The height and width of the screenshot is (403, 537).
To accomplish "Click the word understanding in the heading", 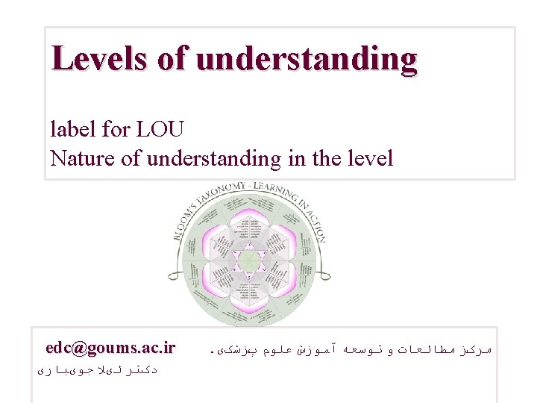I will click(307, 59).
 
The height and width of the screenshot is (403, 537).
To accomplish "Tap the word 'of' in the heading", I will click(173, 58).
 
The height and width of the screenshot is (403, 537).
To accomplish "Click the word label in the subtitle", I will click(72, 129).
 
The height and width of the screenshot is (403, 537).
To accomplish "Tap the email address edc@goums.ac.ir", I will click(110, 348).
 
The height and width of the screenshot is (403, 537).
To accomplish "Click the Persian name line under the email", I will click(96, 369).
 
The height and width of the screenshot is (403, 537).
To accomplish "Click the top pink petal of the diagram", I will click(250, 221).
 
